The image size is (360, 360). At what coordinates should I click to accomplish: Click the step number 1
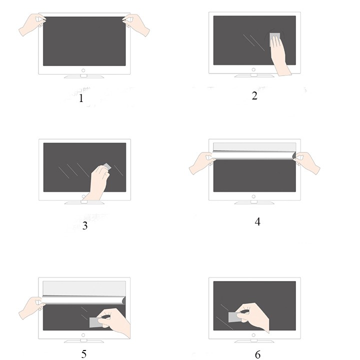(x=81, y=98)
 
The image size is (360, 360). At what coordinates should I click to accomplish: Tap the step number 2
(x=254, y=95)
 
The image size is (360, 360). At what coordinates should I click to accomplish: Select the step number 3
(x=85, y=225)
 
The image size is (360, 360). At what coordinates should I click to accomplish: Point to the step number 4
(x=257, y=222)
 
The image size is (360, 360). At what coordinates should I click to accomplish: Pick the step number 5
(x=84, y=354)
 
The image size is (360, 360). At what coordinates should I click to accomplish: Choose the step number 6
(x=258, y=354)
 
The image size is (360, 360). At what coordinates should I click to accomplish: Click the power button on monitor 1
(x=83, y=70)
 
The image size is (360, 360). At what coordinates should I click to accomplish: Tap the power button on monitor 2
(x=253, y=69)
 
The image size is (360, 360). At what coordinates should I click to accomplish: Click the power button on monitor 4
(x=253, y=196)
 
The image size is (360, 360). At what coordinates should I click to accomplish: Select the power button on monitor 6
(x=253, y=335)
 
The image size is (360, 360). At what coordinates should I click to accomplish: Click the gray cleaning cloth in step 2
(x=275, y=38)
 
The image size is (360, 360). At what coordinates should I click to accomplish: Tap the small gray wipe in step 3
(x=107, y=166)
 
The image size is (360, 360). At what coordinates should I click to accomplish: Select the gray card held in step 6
(x=234, y=317)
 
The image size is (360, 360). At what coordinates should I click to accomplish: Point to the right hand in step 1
(x=136, y=24)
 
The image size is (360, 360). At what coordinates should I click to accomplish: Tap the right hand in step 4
(x=307, y=162)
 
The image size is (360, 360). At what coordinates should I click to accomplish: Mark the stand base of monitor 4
(x=254, y=203)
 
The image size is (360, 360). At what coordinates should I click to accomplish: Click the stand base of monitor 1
(x=84, y=76)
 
